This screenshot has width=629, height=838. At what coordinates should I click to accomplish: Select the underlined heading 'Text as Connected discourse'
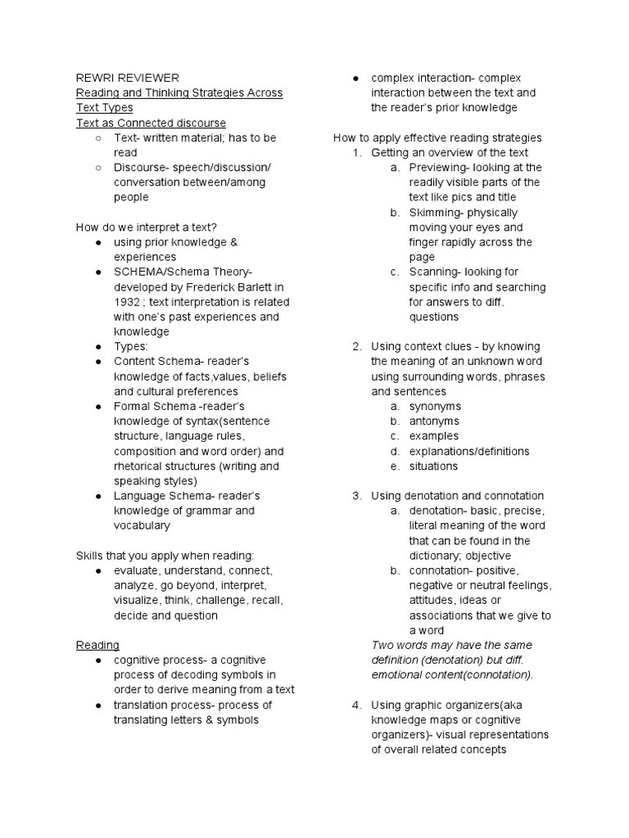[x=151, y=123]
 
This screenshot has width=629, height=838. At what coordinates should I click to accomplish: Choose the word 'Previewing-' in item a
[x=441, y=168]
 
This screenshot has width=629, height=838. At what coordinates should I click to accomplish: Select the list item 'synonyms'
[x=435, y=406]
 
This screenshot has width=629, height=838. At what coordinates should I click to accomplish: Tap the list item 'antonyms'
[x=434, y=421]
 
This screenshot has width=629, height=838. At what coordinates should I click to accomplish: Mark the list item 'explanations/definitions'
[x=469, y=451]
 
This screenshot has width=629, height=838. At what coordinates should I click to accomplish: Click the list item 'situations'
[x=433, y=466]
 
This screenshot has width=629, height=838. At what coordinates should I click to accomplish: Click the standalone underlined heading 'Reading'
[x=97, y=645]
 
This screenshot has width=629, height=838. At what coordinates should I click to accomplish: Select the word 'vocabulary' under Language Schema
[x=142, y=525]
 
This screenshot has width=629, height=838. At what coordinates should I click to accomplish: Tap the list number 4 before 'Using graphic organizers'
[x=356, y=705]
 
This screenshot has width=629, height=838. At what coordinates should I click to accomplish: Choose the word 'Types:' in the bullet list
[x=131, y=346]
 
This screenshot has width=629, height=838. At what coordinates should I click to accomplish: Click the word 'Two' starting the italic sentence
[x=382, y=645]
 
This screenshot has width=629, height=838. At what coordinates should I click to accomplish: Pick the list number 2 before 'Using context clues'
[x=356, y=346]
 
